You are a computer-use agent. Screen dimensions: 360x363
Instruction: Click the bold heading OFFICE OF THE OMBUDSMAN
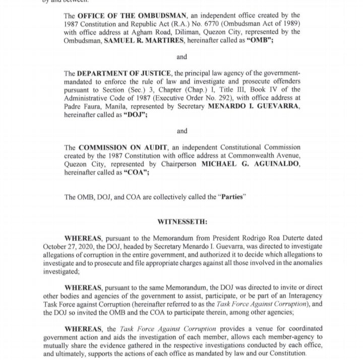[x=132, y=15]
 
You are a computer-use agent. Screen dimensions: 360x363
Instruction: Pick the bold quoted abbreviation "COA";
[x=136, y=172]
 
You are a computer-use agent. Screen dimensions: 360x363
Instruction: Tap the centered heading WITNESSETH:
[x=182, y=222]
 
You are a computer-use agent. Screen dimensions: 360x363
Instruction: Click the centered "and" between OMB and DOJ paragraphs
[x=181, y=57]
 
